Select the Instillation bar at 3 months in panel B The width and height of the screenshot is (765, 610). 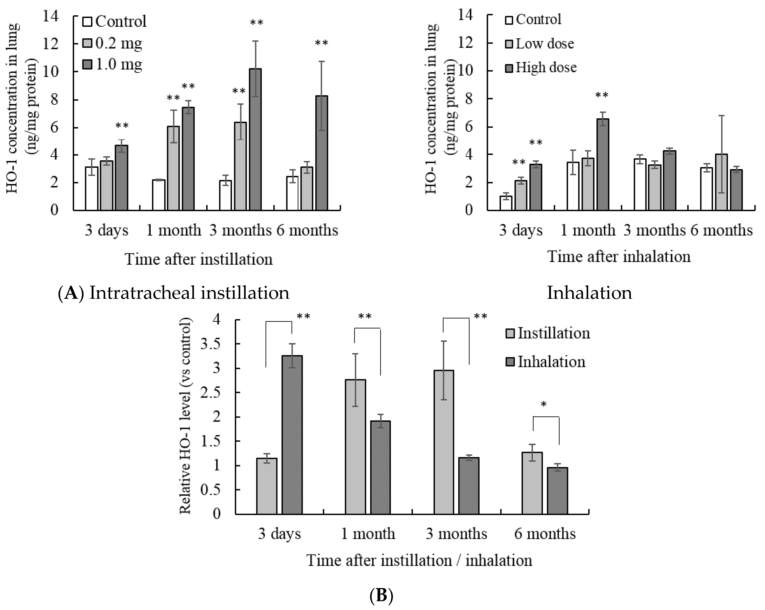click(x=443, y=442)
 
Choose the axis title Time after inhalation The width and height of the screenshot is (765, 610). click(x=619, y=256)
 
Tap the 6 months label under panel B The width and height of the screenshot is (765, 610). click(x=545, y=533)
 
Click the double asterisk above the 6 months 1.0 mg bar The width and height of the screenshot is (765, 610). click(x=322, y=44)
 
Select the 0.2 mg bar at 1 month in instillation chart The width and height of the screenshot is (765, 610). click(x=173, y=168)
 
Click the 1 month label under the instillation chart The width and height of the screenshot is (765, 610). click(x=173, y=230)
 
